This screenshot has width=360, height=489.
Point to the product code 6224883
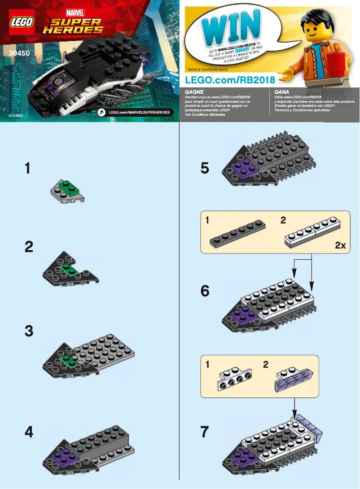click(16, 116)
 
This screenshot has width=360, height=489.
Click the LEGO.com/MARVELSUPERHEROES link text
click(139, 112)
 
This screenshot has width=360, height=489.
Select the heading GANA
click(281, 91)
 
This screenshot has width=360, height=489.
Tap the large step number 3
click(29, 332)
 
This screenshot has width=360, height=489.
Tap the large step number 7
click(205, 432)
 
